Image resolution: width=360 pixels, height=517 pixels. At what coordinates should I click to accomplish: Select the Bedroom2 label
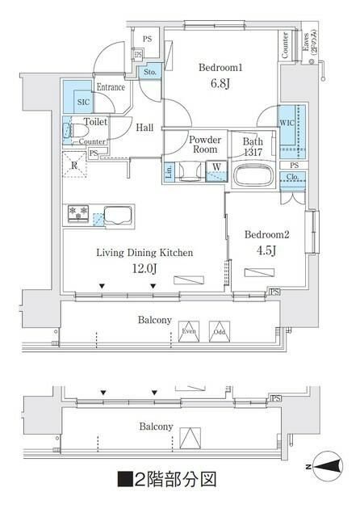[266, 235]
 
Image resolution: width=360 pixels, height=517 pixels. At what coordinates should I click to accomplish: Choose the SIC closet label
[82, 103]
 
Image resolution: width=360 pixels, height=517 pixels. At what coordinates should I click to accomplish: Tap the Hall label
[145, 127]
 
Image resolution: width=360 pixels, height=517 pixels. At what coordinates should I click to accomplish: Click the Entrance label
[111, 86]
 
